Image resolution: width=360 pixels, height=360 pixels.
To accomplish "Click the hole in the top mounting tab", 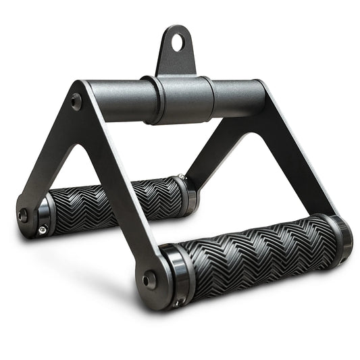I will coord(178,42).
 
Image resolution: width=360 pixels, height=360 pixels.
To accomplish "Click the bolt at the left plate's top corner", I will coord(76,101).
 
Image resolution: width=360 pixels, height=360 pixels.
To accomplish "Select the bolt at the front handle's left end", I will coord(148,279).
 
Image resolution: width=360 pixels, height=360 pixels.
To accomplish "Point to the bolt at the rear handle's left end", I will coord(24,215).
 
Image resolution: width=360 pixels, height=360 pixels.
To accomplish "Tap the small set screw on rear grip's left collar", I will coord(42,230).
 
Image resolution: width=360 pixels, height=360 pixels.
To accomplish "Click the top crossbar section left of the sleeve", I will coord(118,105).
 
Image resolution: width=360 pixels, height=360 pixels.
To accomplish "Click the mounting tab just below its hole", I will coord(177,61).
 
